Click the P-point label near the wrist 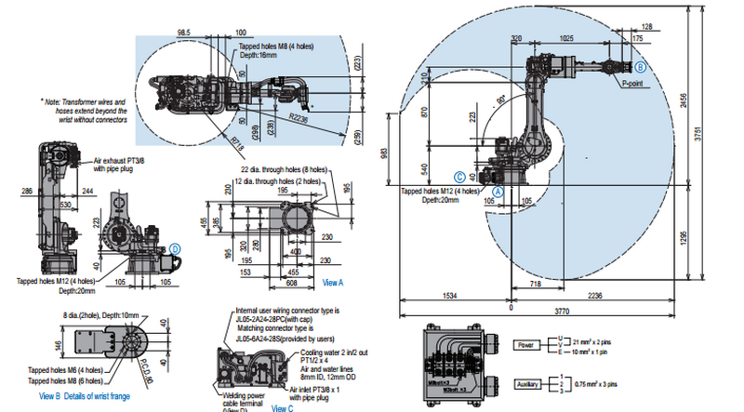click(x=633, y=83)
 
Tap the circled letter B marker click(x=640, y=67)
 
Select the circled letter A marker click(x=498, y=188)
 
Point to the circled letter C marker click(x=458, y=175)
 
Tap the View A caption click(x=333, y=282)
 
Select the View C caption click(x=284, y=407)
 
